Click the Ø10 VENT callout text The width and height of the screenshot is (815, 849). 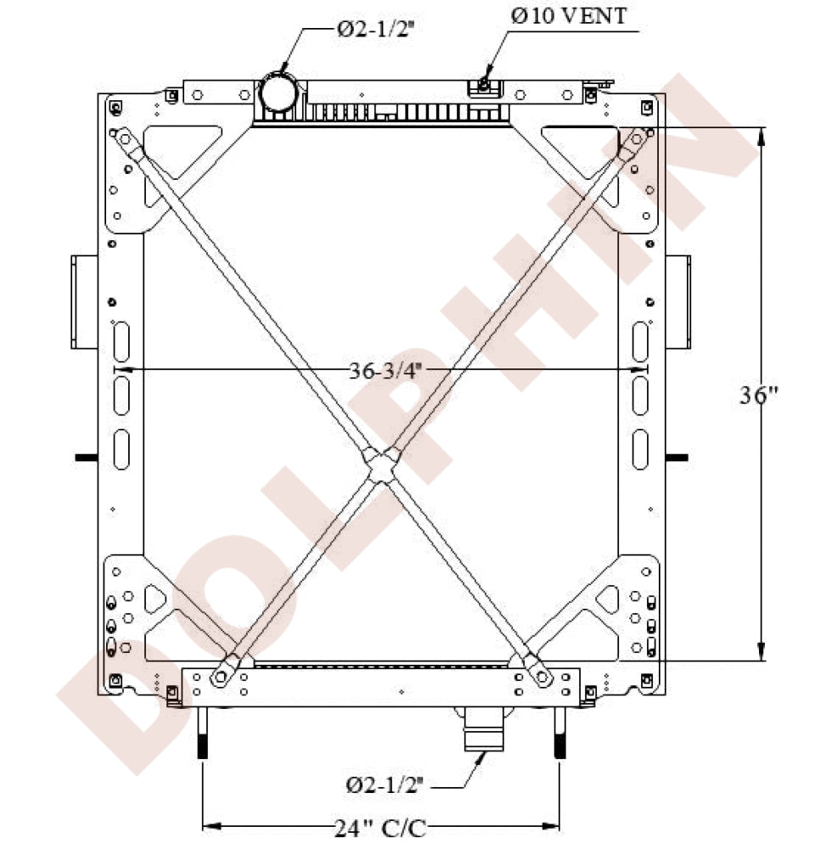point(569,15)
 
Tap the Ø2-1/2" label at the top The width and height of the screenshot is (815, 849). point(374,29)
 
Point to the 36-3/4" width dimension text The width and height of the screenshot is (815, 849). point(385,371)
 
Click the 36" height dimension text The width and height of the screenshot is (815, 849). point(759,396)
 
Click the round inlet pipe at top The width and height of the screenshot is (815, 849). point(278,93)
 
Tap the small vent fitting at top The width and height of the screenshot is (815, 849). point(483,84)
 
